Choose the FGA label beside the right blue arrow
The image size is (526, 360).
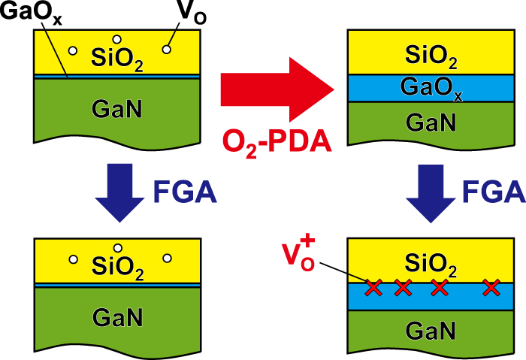point(493,192)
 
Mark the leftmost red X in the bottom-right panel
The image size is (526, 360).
point(373,286)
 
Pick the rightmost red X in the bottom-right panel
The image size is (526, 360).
point(491,286)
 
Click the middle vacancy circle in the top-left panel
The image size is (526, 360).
point(116,38)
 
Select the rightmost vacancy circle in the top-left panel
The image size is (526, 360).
point(166,50)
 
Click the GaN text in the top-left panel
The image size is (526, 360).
point(116,110)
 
